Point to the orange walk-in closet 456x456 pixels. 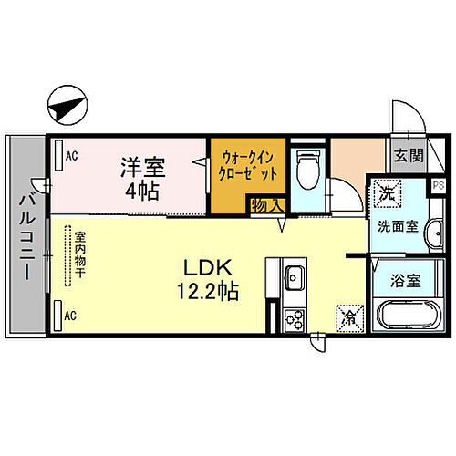coord(244,166)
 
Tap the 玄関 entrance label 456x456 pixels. coord(408,156)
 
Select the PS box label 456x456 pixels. coord(439,185)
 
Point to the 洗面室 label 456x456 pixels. coord(399,227)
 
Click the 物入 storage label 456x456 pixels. coord(265,207)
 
